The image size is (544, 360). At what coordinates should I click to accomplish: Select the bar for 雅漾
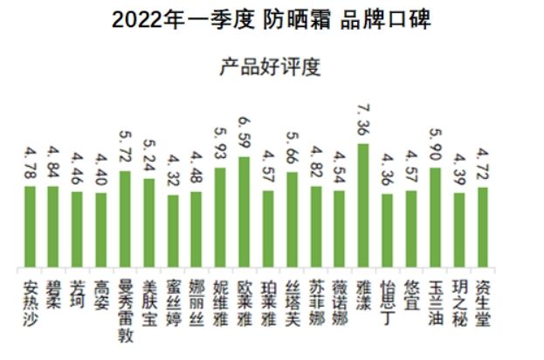coord(363,206)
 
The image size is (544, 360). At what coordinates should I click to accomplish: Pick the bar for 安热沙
coord(31,227)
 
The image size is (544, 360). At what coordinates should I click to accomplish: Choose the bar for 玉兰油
coord(435,218)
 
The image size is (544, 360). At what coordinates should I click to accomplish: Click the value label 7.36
coord(363,122)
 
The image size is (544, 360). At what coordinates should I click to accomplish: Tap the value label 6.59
coord(244,135)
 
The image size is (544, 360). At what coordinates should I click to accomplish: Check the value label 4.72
coord(482,167)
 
